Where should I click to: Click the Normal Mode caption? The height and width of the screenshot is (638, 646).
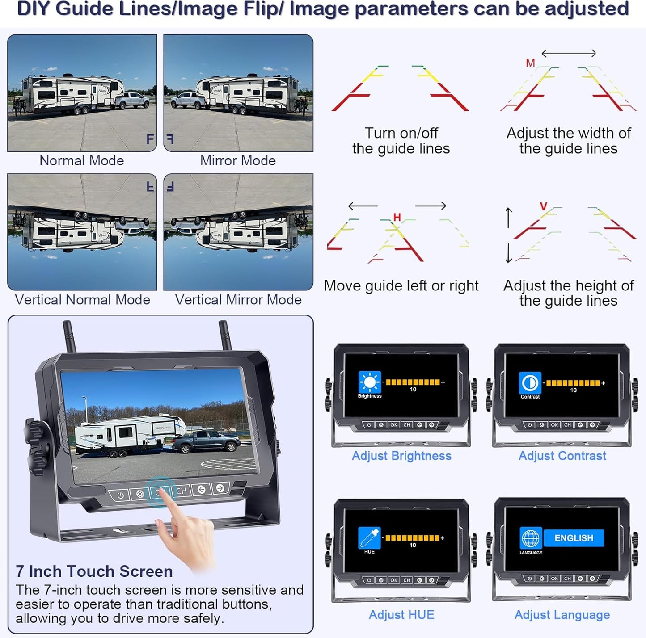coord(82,161)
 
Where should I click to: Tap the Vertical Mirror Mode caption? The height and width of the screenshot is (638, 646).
coord(238,300)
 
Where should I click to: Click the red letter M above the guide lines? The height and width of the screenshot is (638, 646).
coord(530,63)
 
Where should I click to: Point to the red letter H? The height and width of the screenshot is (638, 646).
coord(397,217)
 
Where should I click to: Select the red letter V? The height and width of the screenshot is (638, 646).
coord(544,206)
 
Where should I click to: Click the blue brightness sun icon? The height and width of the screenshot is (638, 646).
coord(370,382)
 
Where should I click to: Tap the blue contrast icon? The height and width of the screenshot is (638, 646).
coord(530,382)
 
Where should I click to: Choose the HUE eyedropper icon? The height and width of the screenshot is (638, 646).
coord(369,538)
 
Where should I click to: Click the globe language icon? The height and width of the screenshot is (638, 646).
coord(531,538)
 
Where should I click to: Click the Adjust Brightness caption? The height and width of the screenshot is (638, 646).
coord(401,456)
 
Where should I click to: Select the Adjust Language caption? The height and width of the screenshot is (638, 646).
coord(562,615)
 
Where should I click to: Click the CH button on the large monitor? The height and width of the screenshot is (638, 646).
coord(182,491)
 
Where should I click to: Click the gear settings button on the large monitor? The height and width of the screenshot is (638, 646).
coord(140,494)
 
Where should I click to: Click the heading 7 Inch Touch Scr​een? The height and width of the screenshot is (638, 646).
coord(94,571)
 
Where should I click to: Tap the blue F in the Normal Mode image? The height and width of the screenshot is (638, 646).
coord(150,139)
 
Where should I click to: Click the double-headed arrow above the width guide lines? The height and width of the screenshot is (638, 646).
coord(569,53)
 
